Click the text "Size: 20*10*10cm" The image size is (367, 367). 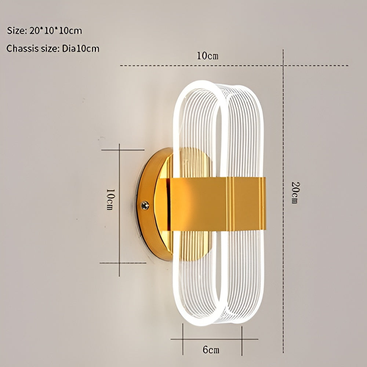44,31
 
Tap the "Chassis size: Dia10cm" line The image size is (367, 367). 53,48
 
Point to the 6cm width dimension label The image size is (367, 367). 211,350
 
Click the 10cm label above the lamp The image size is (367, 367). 207,56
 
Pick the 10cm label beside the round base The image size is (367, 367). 109,199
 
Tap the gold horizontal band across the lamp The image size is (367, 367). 198,204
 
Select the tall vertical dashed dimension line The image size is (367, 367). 283,257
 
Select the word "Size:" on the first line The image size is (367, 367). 16,31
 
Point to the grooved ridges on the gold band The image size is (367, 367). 230,204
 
